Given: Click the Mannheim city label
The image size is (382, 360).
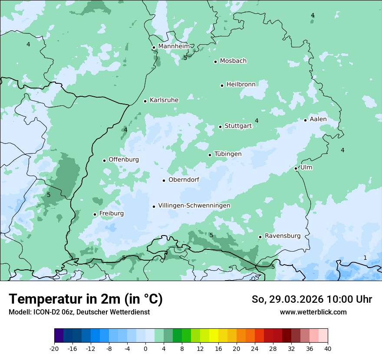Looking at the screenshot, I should coord(174,46).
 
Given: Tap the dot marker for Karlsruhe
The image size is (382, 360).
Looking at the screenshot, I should coord(145,101).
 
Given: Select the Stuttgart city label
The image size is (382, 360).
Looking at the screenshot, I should coord(238,126).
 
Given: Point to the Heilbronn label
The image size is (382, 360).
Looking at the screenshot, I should coord(241,85).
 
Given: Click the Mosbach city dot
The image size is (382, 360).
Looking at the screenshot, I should coord(215,62).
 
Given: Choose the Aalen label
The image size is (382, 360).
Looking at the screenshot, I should coord(318,119).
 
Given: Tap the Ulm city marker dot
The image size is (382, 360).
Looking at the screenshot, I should coord(296,168).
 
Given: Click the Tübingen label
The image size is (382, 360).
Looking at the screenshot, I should coord(228,154).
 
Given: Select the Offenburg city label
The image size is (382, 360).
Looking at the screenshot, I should coord(124,160).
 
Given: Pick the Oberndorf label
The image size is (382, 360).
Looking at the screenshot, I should coord(184,180).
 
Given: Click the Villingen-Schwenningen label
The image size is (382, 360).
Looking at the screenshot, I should coord(194,206).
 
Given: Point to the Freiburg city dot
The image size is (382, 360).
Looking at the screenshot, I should coord(95,214).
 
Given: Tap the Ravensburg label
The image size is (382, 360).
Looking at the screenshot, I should coord(283,236).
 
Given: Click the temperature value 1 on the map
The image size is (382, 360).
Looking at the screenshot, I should coord(365,258).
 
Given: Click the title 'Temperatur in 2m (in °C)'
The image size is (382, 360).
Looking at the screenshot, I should coord(86,299).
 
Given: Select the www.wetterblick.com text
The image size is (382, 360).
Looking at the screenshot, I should coord(313,312).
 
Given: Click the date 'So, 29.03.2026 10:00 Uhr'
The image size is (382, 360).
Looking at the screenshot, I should coord(312,299).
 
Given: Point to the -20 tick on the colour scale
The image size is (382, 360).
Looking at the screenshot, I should coord(54,348).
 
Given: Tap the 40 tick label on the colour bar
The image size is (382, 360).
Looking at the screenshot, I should coord(328,348).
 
